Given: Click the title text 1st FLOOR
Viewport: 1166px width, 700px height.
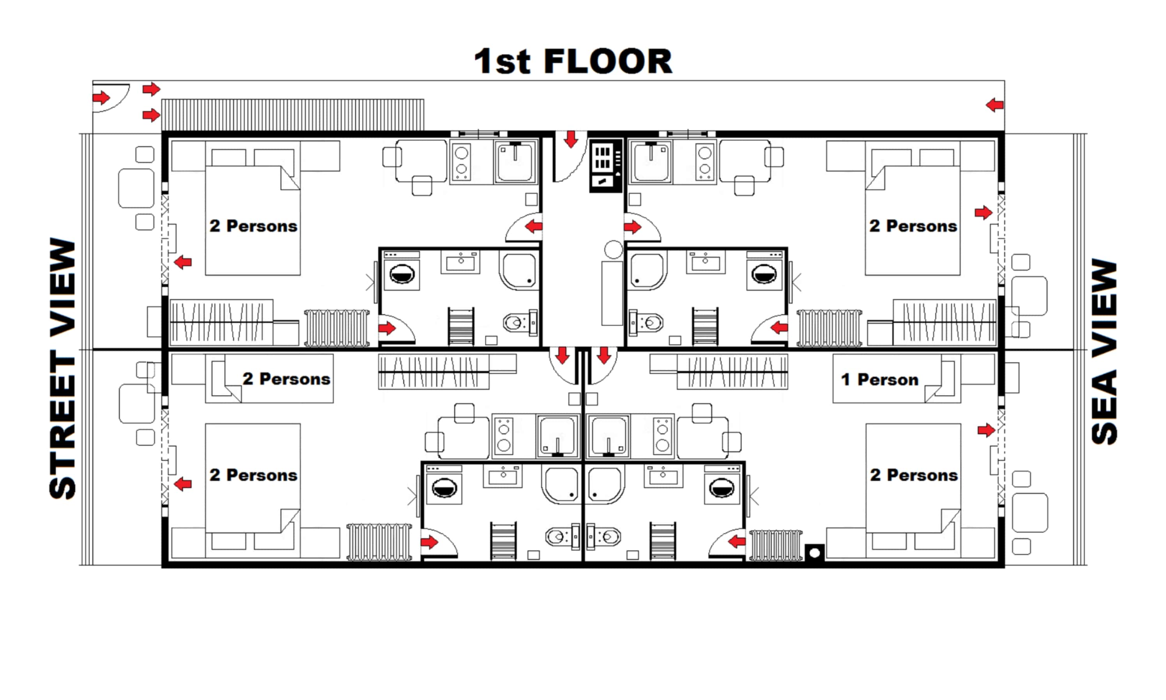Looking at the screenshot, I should (x=572, y=61).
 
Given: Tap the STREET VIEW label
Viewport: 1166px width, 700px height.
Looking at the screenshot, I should (x=62, y=368).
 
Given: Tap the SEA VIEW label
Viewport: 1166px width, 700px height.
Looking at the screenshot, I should (x=1104, y=351).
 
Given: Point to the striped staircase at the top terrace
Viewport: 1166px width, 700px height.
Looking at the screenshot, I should (x=292, y=115).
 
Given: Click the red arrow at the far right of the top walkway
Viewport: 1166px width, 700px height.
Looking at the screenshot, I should (x=994, y=105).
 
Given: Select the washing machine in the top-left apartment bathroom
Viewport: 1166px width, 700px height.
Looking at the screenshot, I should (x=402, y=274).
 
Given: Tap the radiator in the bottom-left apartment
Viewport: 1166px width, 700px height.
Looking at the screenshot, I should (x=379, y=542).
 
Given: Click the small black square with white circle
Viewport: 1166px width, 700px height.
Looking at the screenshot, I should (x=814, y=552).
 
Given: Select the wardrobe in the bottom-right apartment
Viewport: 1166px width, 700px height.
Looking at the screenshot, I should (x=732, y=372).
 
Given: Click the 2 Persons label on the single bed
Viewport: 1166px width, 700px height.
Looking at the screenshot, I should (x=286, y=379).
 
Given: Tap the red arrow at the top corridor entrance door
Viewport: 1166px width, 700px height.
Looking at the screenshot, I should (x=571, y=140).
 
